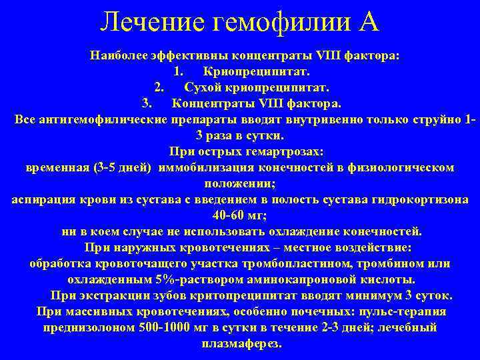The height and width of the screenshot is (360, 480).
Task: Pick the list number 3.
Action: pos(147,103)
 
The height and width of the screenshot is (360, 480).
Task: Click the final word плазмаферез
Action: pos(241,344)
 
